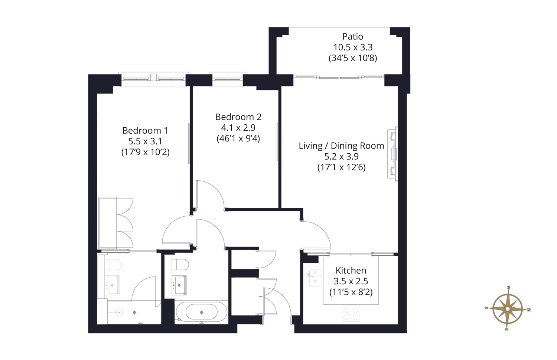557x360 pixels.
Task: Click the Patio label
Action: pyautogui.click(x=353, y=36)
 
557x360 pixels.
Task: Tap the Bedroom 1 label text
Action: pyautogui.click(x=145, y=130)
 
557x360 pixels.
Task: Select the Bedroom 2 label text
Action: pyautogui.click(x=238, y=117)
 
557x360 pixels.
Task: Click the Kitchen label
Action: pyautogui.click(x=351, y=270)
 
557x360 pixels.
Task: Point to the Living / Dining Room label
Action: pyautogui.click(x=341, y=145)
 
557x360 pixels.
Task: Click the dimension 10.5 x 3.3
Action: pyautogui.click(x=353, y=47)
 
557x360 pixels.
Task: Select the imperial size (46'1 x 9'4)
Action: pyautogui.click(x=238, y=138)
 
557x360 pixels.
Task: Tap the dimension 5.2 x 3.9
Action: pyautogui.click(x=341, y=157)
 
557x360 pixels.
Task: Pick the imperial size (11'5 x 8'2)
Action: pyautogui.click(x=351, y=292)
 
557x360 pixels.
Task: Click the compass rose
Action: pyautogui.click(x=508, y=308)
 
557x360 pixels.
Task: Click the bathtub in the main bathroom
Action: pyautogui.click(x=201, y=312)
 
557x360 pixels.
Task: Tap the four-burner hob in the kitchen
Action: pyautogui.click(x=351, y=314)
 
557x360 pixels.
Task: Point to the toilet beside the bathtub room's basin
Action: pyautogui.click(x=180, y=265)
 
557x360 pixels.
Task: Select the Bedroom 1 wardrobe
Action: pyautogui.click(x=115, y=223)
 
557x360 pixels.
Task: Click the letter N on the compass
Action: pyautogui.click(x=529, y=310)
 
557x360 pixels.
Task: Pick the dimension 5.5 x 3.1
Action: pyautogui.click(x=145, y=141)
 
